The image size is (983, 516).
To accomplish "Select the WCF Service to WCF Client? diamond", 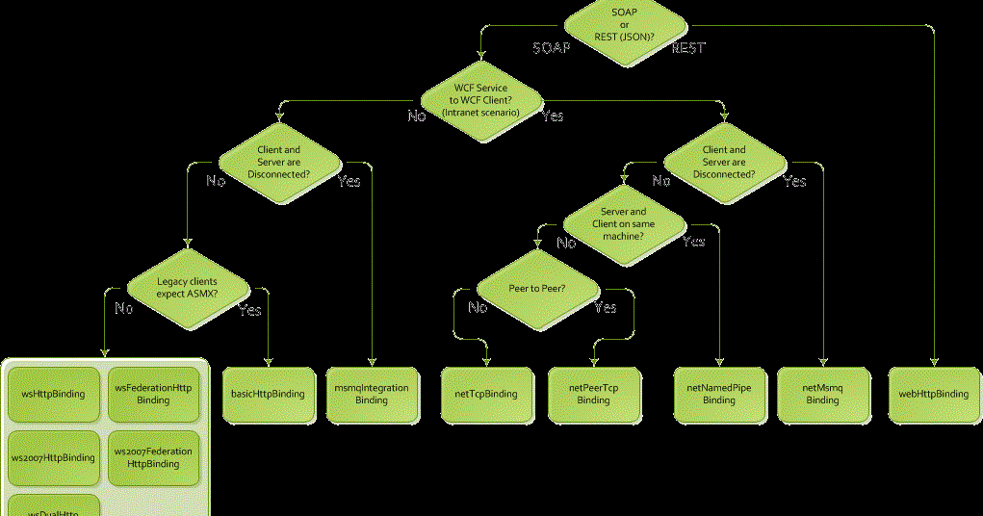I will pos(480,100).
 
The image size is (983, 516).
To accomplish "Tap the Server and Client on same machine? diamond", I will pos(623,223).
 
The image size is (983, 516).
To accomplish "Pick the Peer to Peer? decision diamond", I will pos(537,288).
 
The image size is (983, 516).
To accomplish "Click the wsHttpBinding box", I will pos(54,394).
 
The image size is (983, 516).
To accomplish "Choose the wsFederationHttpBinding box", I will pos(154,394).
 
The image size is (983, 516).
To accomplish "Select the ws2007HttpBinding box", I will pos(54,457).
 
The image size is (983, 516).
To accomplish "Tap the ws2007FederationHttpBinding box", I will pos(154,457).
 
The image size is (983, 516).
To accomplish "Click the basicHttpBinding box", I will pos(269,394).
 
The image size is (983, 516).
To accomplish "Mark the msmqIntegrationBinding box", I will pos(372,394).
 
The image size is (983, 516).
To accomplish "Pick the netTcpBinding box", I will pos(486,394).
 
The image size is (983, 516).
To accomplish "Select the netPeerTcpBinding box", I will pos(594,394).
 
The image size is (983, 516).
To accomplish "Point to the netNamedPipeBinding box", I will pos(719,394).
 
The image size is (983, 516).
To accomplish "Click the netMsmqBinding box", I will pos(823,394).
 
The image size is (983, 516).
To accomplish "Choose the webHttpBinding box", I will pos(933,394).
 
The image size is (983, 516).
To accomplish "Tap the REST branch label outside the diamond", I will pos(688,48).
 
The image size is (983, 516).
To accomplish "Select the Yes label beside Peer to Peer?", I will pos(605,308).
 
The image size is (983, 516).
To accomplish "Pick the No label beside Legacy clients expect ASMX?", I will pos(123,309).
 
